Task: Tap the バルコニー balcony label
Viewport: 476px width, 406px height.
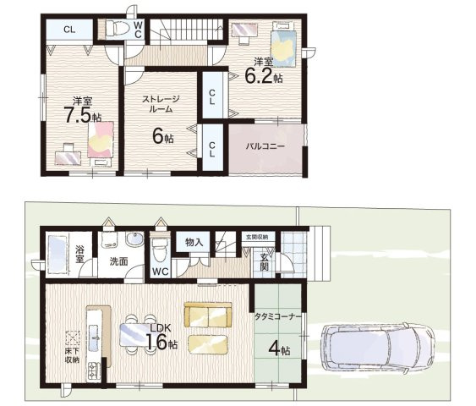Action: tap(265, 146)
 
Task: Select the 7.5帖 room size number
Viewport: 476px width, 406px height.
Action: tap(83, 115)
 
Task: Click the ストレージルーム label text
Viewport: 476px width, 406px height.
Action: tap(161, 104)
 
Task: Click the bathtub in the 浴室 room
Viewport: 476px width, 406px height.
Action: tap(57, 255)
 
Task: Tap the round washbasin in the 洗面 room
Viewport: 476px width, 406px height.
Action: tap(134, 239)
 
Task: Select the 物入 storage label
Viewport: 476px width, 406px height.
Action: tap(194, 242)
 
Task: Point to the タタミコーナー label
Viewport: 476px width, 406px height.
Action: tap(277, 316)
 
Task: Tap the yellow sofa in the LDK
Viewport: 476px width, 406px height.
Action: tap(208, 315)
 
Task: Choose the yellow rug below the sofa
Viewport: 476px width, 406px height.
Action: tap(208, 344)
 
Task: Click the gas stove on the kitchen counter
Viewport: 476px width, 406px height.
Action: tap(94, 370)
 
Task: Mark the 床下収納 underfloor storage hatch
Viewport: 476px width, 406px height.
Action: tap(73, 338)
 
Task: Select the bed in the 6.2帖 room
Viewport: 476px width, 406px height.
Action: tap(283, 44)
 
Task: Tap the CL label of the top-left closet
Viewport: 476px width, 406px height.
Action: tap(69, 30)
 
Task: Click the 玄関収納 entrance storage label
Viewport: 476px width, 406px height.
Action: tap(259, 237)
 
